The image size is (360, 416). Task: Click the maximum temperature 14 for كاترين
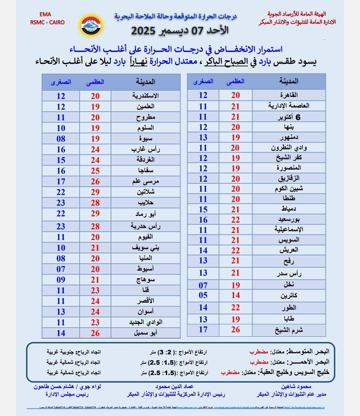[x=236, y=295]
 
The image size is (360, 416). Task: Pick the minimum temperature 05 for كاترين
[x=203, y=295]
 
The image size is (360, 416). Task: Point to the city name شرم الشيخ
[x=289, y=330]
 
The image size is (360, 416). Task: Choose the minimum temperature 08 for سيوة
[x=61, y=139]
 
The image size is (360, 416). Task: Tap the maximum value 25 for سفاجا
[x=95, y=171]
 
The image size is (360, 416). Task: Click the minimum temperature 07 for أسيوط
[x=61, y=269]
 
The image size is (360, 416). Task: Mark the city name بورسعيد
[x=289, y=220]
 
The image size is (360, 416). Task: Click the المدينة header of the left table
[x=145, y=82]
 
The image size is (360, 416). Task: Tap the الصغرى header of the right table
[x=203, y=81]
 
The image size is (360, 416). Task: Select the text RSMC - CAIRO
[x=47, y=22]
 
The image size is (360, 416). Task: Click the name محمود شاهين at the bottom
[x=296, y=387]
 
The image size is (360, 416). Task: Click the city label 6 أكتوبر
[x=289, y=117]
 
